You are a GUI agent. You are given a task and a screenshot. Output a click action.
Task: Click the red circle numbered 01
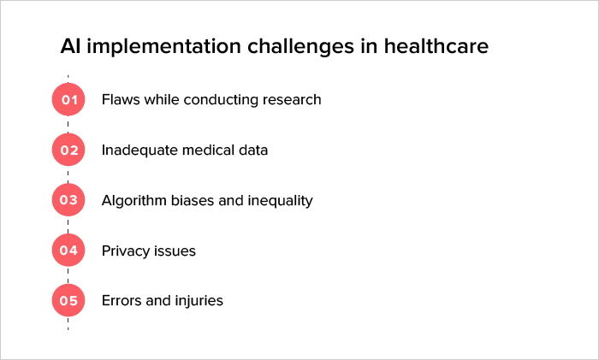(68, 100)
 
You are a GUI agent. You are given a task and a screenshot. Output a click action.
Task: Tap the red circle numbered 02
(68, 150)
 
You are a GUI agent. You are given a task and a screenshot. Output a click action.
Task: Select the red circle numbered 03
(68, 201)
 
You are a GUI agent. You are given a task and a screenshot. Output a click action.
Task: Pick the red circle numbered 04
(68, 251)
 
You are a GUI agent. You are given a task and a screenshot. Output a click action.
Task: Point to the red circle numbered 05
(68, 301)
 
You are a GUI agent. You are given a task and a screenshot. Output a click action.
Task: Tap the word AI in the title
(70, 46)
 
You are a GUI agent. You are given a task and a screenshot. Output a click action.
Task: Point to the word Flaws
(120, 100)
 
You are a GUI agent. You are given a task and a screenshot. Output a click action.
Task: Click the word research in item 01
(291, 100)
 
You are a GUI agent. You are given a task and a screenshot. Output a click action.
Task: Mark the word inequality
(278, 201)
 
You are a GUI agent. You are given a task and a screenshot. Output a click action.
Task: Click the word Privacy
(126, 251)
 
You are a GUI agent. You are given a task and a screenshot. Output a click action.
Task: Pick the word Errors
(122, 301)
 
